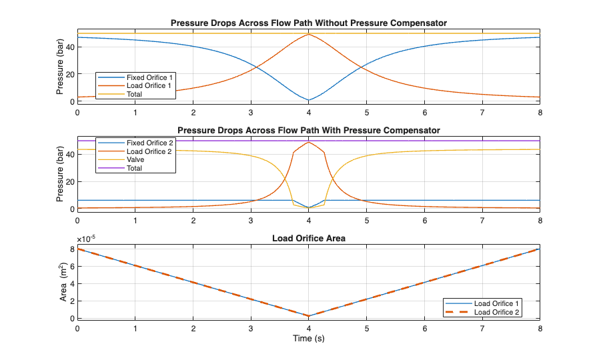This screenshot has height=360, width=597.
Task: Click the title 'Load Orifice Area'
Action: [x=308, y=238]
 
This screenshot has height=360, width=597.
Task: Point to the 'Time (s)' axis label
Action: [x=308, y=338]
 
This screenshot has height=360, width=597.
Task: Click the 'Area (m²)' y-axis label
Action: [x=63, y=281]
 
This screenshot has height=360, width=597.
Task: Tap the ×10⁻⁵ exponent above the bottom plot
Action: [x=86, y=239]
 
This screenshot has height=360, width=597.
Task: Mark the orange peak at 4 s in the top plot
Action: [x=308, y=34]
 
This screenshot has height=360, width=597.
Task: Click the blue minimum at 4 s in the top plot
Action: [x=308, y=100]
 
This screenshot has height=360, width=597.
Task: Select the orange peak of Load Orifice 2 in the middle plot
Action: [x=308, y=142]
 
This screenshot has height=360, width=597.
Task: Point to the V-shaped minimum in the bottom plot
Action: [x=308, y=316]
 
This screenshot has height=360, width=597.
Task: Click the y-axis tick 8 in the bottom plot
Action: [x=72, y=249]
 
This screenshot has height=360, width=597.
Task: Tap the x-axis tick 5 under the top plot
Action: [x=367, y=113]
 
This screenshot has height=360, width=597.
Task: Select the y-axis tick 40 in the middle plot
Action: [x=70, y=155]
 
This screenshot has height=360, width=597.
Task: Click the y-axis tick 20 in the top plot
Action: [x=70, y=74]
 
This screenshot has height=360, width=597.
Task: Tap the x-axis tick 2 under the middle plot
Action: [x=193, y=221]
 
